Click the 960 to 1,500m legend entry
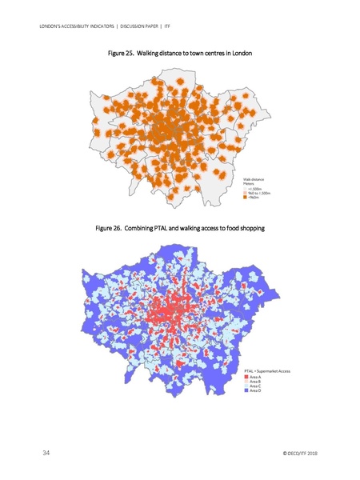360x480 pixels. click(x=260, y=194)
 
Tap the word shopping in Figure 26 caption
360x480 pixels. click(x=250, y=230)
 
